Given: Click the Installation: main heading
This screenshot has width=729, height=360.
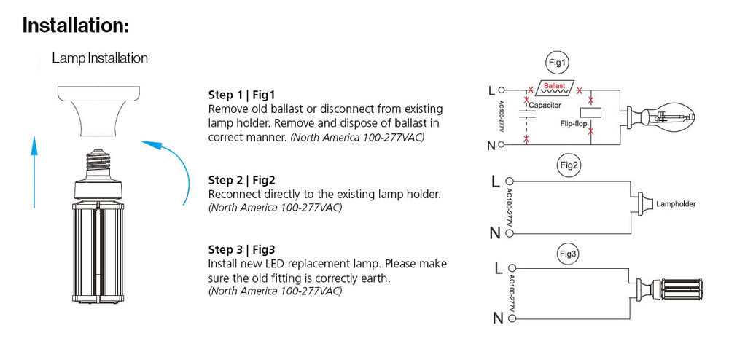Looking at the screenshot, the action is coord(75,25).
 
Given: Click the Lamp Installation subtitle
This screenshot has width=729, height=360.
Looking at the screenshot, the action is coord(100,58).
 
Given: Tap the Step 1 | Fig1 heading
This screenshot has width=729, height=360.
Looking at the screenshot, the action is coord(242,95).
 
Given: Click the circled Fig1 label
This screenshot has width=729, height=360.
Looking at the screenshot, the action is coord(556,64).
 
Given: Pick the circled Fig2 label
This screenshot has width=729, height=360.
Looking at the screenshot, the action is coord(569,167).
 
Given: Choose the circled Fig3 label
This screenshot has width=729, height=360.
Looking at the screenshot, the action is coord(568,254).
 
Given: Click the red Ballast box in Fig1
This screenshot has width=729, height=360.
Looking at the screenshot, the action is coord(555,87).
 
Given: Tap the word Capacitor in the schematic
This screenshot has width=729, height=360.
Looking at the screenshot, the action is coord(545,106).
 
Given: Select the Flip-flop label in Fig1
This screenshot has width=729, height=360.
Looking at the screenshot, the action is coord(573,125).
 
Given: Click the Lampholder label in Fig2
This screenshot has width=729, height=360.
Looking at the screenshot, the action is coord(676,204).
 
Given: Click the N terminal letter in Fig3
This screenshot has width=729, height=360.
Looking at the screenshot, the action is coord(498,318).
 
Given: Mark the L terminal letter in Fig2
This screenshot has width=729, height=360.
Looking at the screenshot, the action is coord(495,181).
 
